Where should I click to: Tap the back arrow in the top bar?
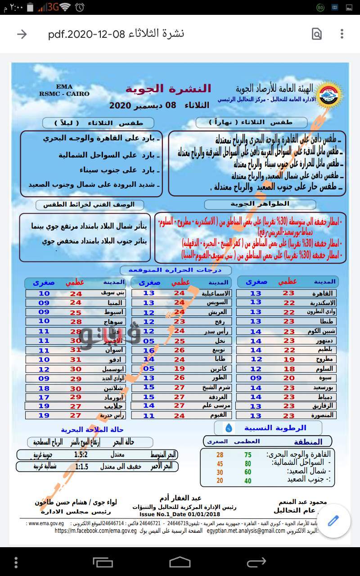[x=22, y=34]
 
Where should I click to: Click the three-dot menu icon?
[x=342, y=34]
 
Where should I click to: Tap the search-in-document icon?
[x=317, y=34]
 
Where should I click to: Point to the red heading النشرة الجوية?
[x=168, y=89]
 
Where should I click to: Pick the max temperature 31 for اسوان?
[x=76, y=350]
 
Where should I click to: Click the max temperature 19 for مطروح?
[x=289, y=359]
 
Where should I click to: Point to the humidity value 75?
[x=248, y=455]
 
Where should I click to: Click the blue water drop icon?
[x=229, y=427]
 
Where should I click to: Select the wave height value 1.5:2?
[x=81, y=454]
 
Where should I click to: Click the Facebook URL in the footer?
[x=95, y=531]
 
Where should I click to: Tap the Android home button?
[x=180, y=562]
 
